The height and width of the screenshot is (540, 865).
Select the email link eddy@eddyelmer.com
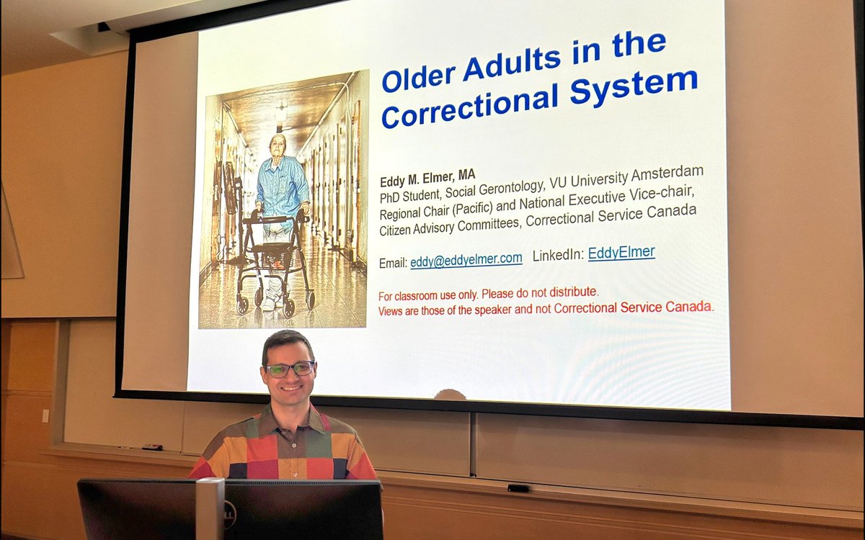point(466,260)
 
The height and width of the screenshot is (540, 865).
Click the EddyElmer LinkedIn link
point(621,253)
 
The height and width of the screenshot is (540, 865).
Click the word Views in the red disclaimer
point(394,311)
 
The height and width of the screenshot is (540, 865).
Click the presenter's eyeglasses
point(290,369)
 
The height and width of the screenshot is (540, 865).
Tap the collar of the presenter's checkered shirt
point(288,418)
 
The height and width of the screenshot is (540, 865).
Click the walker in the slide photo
point(273,259)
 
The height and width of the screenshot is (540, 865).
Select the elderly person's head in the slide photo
point(278,144)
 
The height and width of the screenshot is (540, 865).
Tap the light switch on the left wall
point(45,415)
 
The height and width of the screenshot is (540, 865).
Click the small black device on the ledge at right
point(518,488)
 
